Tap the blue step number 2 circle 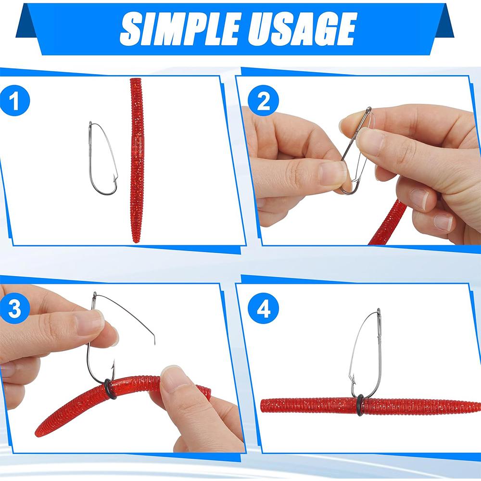(263, 101)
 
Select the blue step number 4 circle (263, 309)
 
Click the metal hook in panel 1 (102, 159)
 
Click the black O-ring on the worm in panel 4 (360, 405)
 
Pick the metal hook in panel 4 (366, 351)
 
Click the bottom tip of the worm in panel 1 (136, 240)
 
